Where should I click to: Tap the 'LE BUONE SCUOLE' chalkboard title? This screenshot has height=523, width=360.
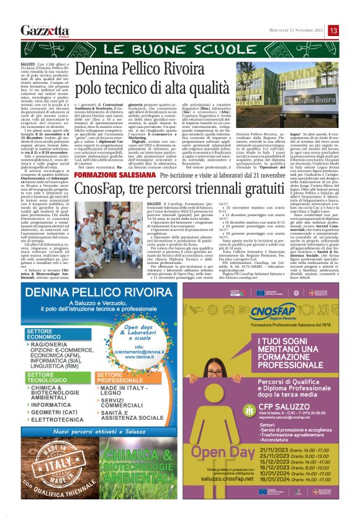(x=180, y=49)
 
